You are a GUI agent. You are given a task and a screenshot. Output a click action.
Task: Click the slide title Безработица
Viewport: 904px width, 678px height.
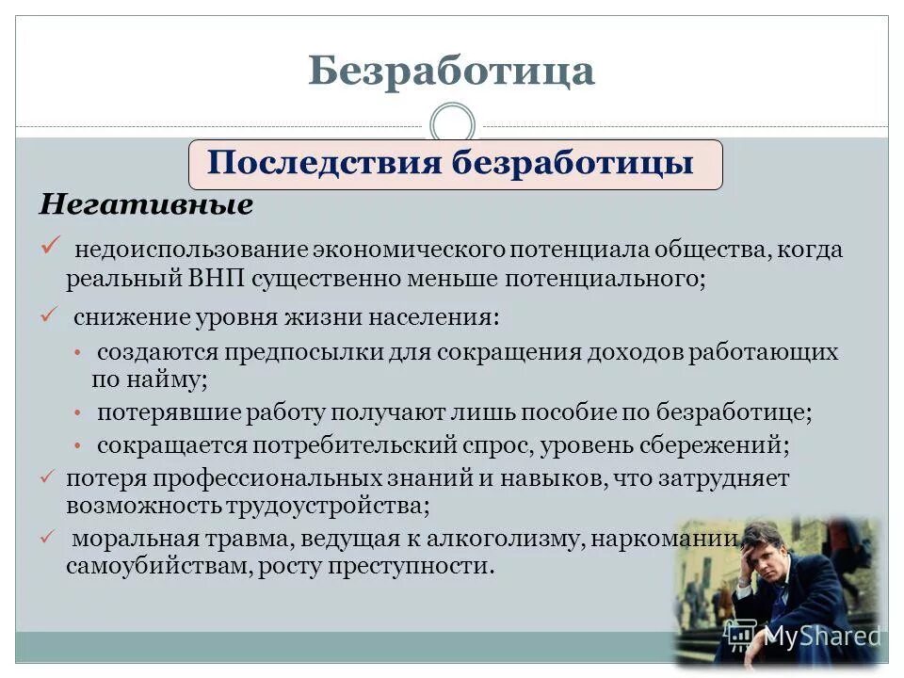tap(451, 72)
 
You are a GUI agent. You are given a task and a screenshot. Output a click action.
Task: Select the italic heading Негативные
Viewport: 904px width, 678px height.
tap(145, 205)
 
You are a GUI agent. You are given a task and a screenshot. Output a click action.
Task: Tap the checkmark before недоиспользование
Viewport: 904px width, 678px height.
tap(51, 247)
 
